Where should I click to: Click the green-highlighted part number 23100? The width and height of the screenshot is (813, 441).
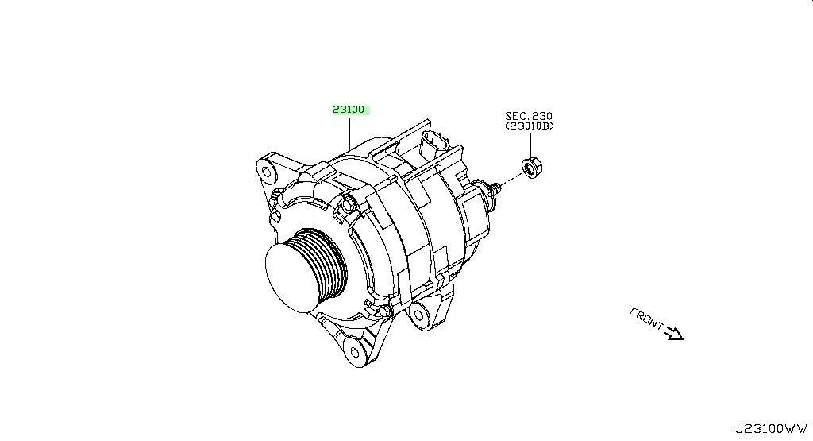349,110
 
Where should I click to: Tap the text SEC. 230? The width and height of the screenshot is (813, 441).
529,116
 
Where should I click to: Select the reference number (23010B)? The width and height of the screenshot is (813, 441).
530,126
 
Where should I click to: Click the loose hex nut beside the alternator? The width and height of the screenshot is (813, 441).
531,167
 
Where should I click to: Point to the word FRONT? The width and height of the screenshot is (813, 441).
646,318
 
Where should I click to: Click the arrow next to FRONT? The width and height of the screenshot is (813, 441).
675,333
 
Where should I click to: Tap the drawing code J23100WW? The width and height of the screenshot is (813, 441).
771,429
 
